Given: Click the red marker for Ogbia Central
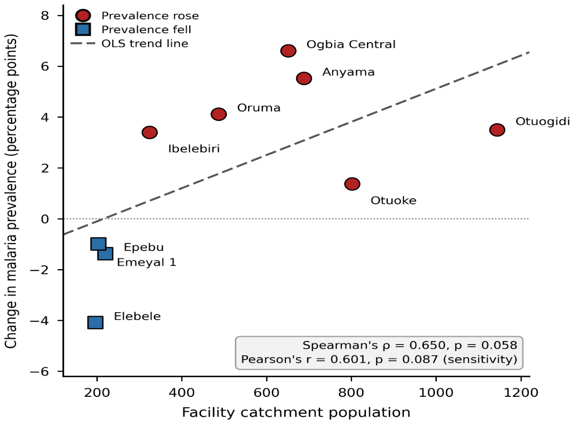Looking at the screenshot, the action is click(x=288, y=51).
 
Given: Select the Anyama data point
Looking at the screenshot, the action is click(x=304, y=78).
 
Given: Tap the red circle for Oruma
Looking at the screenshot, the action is click(x=218, y=114).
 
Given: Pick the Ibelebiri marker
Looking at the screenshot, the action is click(x=149, y=132).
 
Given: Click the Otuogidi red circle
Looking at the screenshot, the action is click(x=497, y=130).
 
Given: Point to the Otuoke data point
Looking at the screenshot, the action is click(x=352, y=184).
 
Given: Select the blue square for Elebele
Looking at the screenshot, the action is click(x=95, y=322).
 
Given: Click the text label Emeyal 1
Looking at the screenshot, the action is click(x=146, y=263).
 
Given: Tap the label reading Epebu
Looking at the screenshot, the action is click(x=144, y=247).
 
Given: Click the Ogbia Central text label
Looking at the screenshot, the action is click(x=351, y=44).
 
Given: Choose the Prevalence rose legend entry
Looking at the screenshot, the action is click(x=150, y=16).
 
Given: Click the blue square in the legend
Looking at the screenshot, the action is click(x=83, y=29).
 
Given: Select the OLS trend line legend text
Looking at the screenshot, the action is click(x=145, y=44).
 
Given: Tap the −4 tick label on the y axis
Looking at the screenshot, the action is click(x=39, y=321).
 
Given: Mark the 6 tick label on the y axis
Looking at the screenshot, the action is click(x=45, y=67).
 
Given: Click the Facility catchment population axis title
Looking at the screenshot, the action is click(x=296, y=412).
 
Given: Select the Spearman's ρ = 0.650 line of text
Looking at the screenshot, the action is click(x=410, y=345).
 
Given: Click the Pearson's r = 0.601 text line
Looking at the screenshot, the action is click(x=379, y=359).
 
